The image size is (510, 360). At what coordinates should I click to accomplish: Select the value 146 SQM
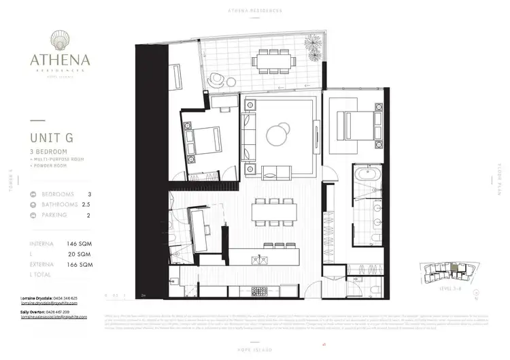coord(79,243)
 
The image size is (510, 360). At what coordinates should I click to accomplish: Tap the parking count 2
coord(89,215)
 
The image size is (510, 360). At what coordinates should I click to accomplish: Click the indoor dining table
coord(275,212)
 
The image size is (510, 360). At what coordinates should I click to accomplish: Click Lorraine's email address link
coord(50,304)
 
